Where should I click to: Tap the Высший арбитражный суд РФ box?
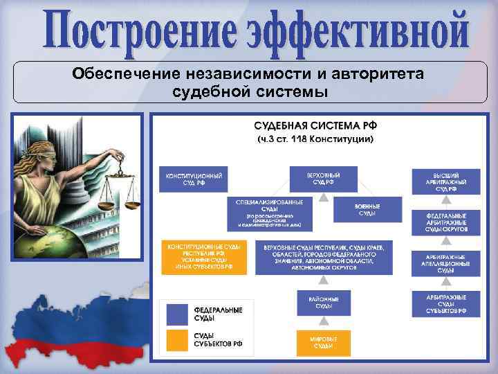click(x=445, y=179)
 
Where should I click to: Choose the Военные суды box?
click(x=367, y=209)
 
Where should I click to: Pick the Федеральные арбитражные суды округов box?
click(x=445, y=222)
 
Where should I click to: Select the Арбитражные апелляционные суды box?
click(x=445, y=263)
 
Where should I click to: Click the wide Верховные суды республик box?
click(x=324, y=256)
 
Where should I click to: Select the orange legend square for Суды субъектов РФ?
click(x=177, y=339)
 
